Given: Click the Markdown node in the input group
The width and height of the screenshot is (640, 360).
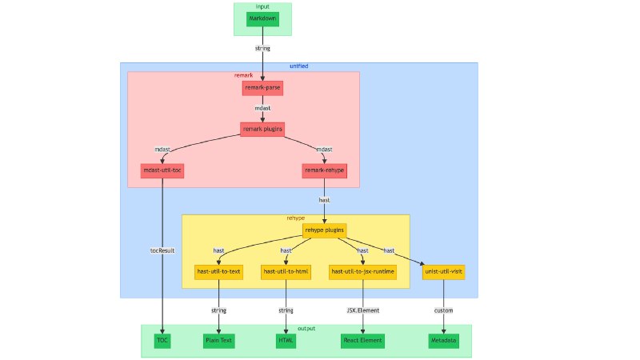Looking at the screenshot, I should (262, 18).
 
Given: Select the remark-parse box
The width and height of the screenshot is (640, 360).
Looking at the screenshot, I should (262, 87).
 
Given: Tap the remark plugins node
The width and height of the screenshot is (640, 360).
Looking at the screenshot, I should (262, 128).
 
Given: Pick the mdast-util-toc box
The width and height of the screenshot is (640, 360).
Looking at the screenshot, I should (162, 170).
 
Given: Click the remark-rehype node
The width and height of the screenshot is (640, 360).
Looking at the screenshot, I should (324, 170).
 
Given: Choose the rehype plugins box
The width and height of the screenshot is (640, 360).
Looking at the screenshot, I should (324, 230).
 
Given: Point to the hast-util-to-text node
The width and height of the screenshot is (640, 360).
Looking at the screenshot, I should (218, 272).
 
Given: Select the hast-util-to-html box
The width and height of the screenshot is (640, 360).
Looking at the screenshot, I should (286, 272).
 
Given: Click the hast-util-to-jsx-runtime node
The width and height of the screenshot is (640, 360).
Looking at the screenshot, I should (363, 272).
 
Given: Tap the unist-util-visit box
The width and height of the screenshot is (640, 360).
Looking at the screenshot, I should (444, 272).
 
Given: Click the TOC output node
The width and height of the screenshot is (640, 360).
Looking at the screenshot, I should (162, 341).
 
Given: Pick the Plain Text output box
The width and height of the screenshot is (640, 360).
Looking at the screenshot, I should (218, 341).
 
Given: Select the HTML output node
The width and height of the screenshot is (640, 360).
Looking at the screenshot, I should (286, 341).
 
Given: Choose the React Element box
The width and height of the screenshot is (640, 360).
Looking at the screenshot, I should (363, 341).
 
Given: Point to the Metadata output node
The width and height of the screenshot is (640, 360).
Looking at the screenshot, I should (444, 341).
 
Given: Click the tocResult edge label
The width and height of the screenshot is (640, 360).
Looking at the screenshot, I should (162, 250).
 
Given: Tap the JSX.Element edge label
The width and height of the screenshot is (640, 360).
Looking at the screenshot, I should (363, 310).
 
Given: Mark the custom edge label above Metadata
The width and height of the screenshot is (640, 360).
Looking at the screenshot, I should (444, 310).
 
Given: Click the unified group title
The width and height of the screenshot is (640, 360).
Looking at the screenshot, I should (298, 66).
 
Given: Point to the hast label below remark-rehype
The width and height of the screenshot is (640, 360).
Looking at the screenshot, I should (324, 201).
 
